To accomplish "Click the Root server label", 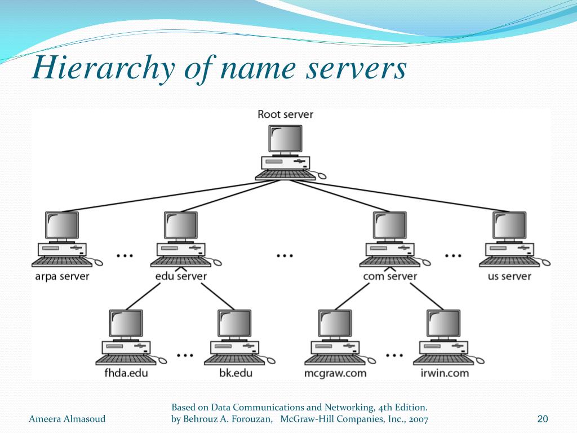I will point(285,114).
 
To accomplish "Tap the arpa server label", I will point(61,276).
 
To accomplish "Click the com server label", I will point(390,276).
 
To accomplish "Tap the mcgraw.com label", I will point(335,373).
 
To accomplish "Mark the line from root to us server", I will point(411,197).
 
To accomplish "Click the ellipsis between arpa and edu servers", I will point(125,255).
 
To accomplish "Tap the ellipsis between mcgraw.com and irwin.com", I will point(394,355).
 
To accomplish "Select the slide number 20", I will point(543,418).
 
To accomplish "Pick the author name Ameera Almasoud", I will point(67,418).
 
